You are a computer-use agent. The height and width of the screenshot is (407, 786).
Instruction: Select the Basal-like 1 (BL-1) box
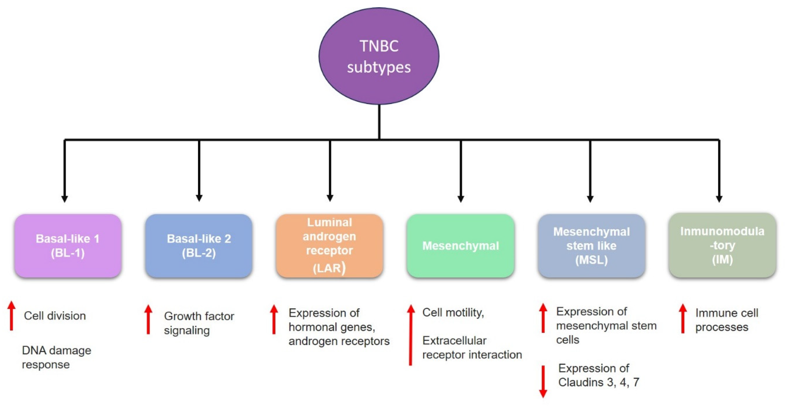point(68,246)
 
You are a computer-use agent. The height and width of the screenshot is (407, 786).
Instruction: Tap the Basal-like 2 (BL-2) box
point(199,246)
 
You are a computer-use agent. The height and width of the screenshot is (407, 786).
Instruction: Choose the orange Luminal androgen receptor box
point(329,246)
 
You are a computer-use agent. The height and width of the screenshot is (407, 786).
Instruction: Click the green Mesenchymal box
point(460,246)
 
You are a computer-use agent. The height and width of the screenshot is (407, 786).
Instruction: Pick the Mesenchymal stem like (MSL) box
point(591,246)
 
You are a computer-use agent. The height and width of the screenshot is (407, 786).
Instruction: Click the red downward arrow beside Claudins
point(543,381)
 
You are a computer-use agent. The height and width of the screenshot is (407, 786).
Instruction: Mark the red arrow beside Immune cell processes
point(683,319)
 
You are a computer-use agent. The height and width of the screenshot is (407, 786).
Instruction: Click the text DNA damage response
point(56,357)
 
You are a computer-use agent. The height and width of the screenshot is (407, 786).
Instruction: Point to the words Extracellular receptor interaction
point(471,348)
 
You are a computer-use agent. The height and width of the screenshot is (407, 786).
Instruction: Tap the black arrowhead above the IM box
point(719,199)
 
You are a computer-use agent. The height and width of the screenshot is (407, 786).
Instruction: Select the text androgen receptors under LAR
point(339,341)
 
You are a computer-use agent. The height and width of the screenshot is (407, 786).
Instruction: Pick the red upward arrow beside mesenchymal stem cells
point(543,318)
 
